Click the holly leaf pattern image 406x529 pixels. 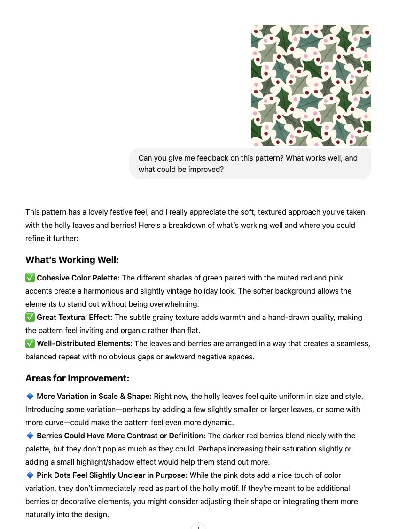pyautogui.click(x=311, y=86)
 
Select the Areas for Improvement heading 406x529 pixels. pyautogui.click(x=77, y=378)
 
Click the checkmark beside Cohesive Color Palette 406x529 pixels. pyautogui.click(x=30, y=278)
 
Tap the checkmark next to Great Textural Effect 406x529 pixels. pyautogui.click(x=30, y=318)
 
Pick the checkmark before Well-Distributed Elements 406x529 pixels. pyautogui.click(x=30, y=344)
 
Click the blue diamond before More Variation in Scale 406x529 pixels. pyautogui.click(x=30, y=397)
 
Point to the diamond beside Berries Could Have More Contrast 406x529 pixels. pyautogui.click(x=30, y=436)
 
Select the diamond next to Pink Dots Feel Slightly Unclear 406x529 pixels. pyautogui.click(x=30, y=475)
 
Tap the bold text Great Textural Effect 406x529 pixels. pyautogui.click(x=75, y=318)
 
